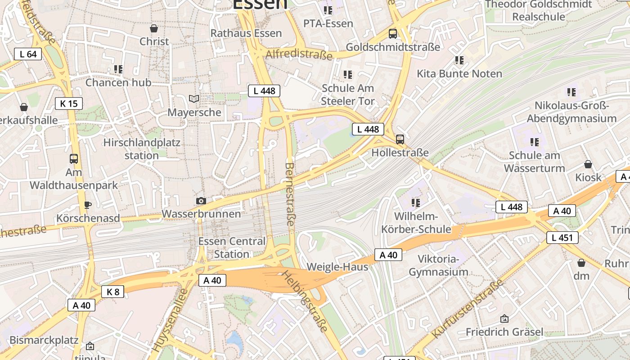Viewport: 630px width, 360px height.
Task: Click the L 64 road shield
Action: pos(28,54)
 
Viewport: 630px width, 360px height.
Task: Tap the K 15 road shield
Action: pos(69,103)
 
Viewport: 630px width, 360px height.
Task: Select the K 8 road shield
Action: pos(112,292)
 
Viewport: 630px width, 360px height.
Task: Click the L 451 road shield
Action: pos(562,237)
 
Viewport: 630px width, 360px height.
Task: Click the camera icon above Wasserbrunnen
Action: pos(201,201)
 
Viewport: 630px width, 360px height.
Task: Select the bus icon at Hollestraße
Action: pos(400,139)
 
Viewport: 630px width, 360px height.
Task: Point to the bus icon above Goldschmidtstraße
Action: pos(393,33)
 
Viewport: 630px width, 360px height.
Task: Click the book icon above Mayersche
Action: pos(194,99)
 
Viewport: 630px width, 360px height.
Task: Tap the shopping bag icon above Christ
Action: pos(154,28)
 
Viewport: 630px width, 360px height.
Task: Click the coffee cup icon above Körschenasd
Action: pos(88,205)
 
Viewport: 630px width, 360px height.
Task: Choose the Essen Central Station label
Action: pos(232,247)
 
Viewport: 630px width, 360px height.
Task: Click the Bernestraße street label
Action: pos(290,197)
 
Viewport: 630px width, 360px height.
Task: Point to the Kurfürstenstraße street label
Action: pos(468,309)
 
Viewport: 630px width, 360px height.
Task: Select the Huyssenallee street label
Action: pos(170,320)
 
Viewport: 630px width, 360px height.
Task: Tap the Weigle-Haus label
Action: pos(337,267)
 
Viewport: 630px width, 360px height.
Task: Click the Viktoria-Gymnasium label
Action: pos(438,265)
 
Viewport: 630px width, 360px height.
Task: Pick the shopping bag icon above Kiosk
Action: pos(588,164)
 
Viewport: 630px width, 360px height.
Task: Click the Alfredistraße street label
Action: pos(299,54)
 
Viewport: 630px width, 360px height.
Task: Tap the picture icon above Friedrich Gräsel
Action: pos(504,319)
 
